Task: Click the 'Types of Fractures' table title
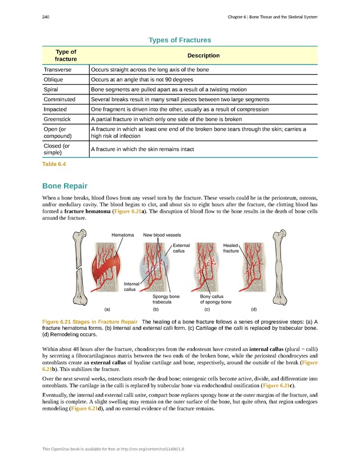pos(179,40)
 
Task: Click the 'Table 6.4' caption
pos(54,164)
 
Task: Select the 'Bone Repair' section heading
pos(65,186)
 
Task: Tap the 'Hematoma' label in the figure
pos(122,235)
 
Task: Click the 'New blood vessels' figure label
pos(162,235)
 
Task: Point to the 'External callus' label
pos(181,248)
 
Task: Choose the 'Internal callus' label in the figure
pos(131,286)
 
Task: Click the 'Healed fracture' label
pos(231,248)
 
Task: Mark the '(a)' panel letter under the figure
pos(107,309)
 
